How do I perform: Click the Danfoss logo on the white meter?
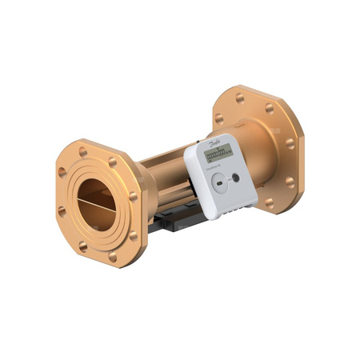(214, 145)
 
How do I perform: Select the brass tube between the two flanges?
(164, 172)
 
